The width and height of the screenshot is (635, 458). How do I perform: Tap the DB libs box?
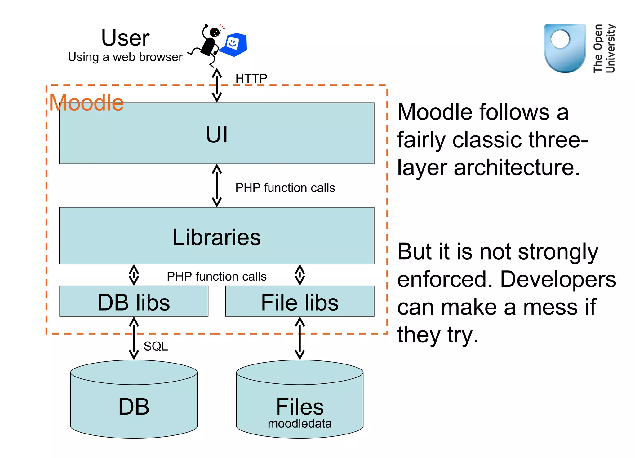pos(134,302)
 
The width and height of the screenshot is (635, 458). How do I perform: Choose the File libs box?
pos(300,302)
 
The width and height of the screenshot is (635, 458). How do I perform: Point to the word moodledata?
pos(300,424)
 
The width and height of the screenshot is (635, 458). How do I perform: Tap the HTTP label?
pos(251,78)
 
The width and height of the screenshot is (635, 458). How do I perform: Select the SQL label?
pos(156,346)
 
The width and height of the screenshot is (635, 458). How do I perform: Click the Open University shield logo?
pos(565,48)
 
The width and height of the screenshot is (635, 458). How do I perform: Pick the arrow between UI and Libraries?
pos(217,185)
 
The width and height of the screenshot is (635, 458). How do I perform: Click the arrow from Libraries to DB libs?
pos(134,275)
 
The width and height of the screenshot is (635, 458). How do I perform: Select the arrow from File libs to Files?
pos(300,338)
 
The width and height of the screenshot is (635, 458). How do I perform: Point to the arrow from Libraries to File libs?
pos(300,275)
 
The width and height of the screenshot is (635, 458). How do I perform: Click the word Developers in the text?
pos(558,279)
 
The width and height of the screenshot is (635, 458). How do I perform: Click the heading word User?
pos(125,38)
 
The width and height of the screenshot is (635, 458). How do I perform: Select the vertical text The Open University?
pos(604,48)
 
